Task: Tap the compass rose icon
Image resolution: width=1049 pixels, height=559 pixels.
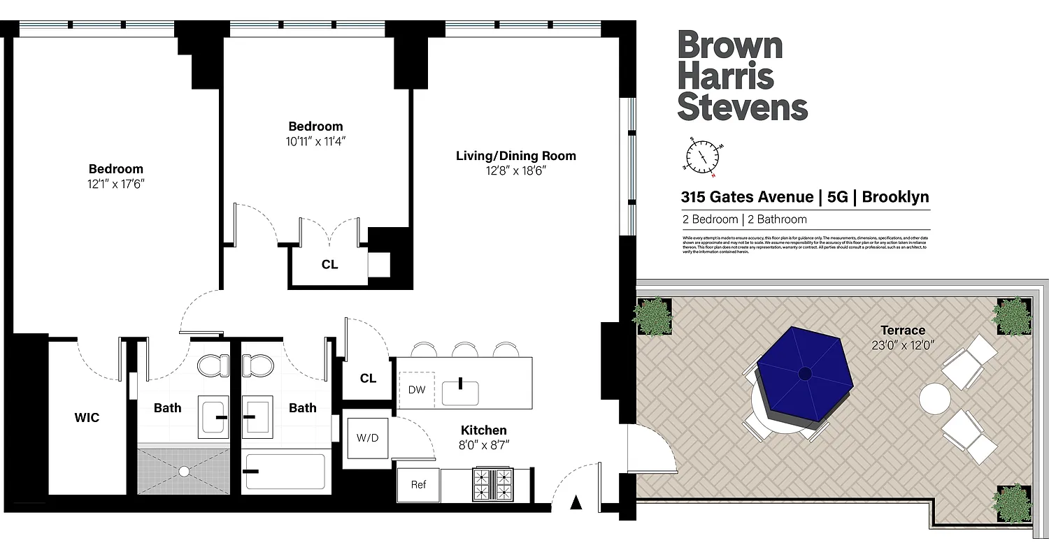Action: pos(702,157)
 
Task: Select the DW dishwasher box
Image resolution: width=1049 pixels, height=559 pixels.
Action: pos(417,389)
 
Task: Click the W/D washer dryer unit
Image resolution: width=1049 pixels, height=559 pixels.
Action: pos(367,438)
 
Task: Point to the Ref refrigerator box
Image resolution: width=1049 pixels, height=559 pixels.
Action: pos(418,485)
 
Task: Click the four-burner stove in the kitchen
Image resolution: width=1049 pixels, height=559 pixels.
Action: pos(493,484)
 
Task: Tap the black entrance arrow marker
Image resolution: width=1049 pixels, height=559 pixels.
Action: pos(576,502)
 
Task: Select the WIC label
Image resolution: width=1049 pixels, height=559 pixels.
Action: pos(87,418)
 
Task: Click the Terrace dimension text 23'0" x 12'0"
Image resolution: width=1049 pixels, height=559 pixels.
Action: pos(902,344)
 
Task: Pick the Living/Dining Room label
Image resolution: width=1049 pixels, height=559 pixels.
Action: pos(516,156)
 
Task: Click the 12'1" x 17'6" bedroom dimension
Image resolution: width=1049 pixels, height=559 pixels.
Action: pos(116,184)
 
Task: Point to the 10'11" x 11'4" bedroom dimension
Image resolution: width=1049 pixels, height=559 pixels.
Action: pos(316,141)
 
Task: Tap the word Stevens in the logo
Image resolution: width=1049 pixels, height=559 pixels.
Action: pos(743,108)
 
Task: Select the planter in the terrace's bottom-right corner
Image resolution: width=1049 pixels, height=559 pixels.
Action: pos(1012,502)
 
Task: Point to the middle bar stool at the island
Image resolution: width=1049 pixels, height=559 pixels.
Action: pos(464,349)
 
